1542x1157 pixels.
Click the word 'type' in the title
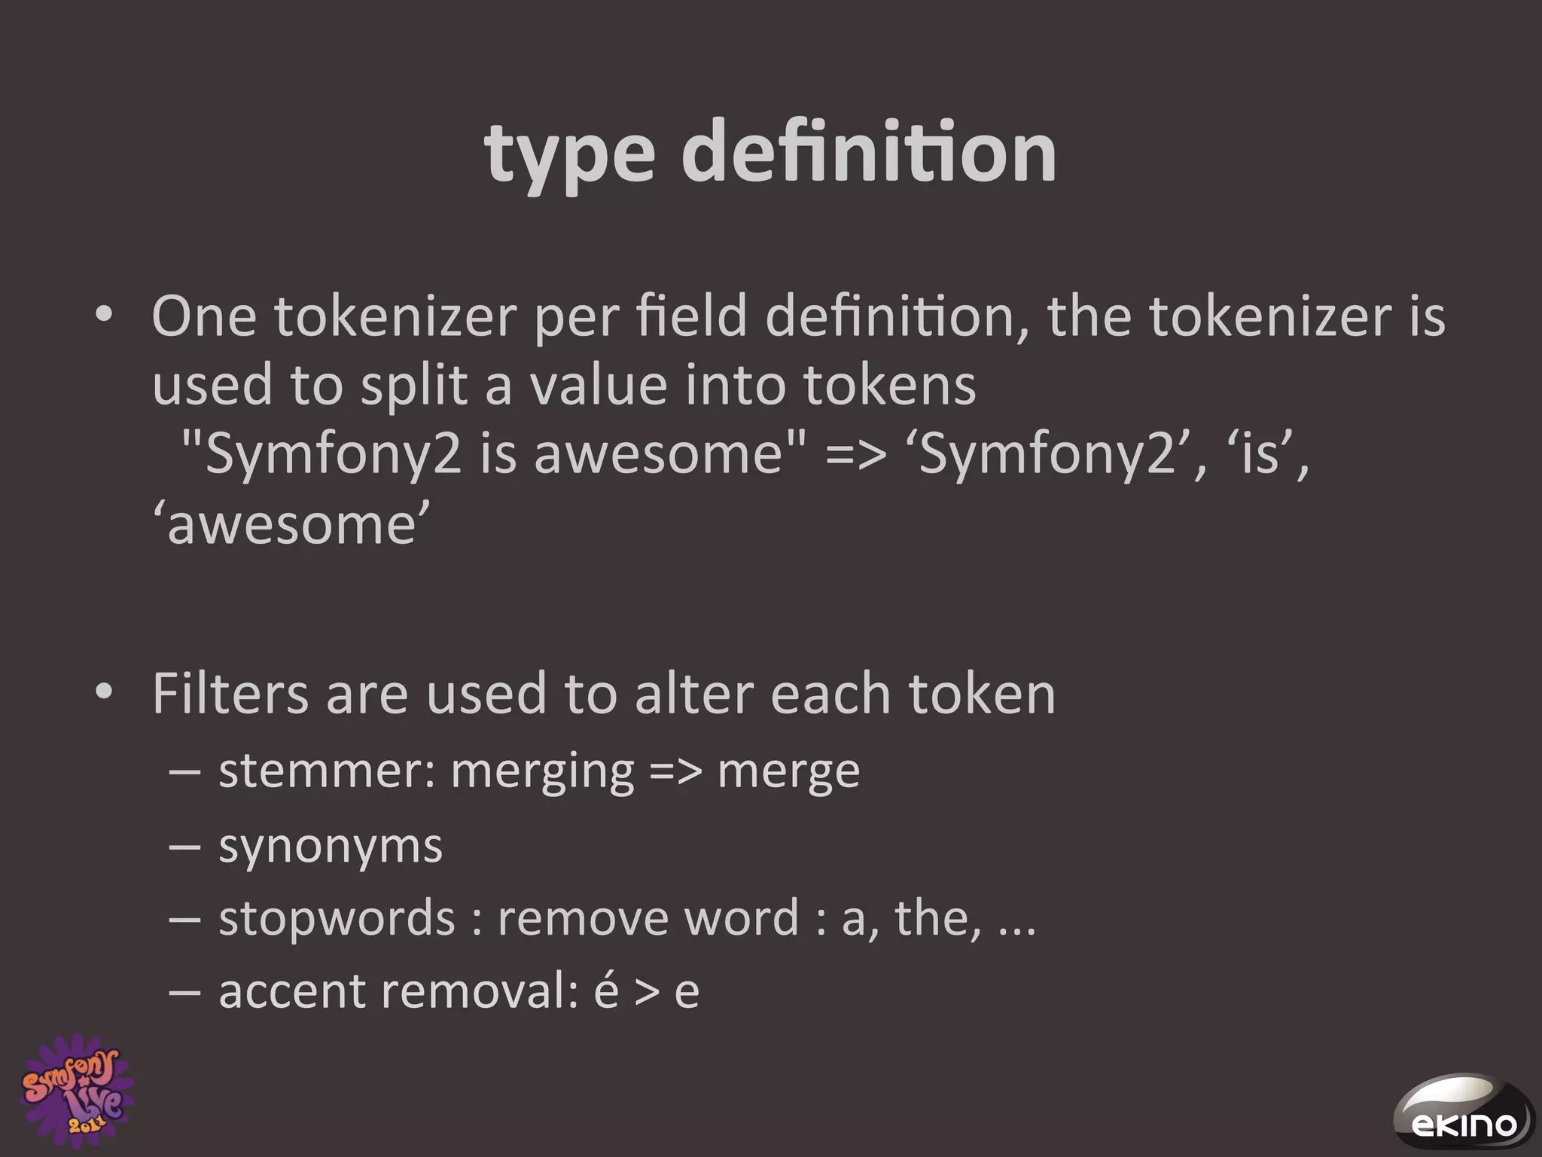click(x=569, y=154)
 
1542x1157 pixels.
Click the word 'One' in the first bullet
click(x=204, y=317)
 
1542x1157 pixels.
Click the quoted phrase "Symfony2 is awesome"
click(x=493, y=454)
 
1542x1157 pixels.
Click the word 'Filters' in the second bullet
click(x=230, y=694)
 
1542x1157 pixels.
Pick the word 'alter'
click(x=693, y=694)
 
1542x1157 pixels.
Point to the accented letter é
click(x=606, y=991)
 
